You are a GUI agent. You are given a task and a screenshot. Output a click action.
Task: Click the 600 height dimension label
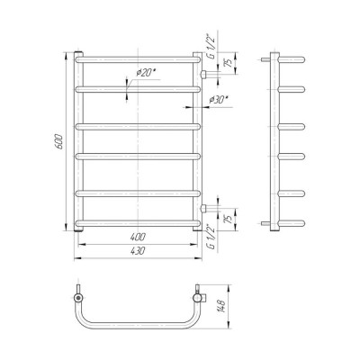tap(59, 141)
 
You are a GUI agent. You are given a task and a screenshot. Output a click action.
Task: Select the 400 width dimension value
tap(138, 237)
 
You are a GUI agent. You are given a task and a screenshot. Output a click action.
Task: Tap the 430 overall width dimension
tap(138, 251)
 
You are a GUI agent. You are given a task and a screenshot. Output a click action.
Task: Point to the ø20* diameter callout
tap(147, 73)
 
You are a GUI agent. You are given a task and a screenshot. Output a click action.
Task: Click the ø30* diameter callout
tap(219, 100)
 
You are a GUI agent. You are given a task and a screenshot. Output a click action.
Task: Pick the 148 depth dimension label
tap(223, 306)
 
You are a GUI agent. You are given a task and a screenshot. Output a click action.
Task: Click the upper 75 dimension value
tap(229, 63)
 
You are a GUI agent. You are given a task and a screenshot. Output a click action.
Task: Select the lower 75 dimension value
tap(229, 219)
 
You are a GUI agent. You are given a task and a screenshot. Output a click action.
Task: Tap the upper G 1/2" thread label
tap(211, 46)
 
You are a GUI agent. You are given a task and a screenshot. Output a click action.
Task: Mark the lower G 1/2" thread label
tap(211, 238)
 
